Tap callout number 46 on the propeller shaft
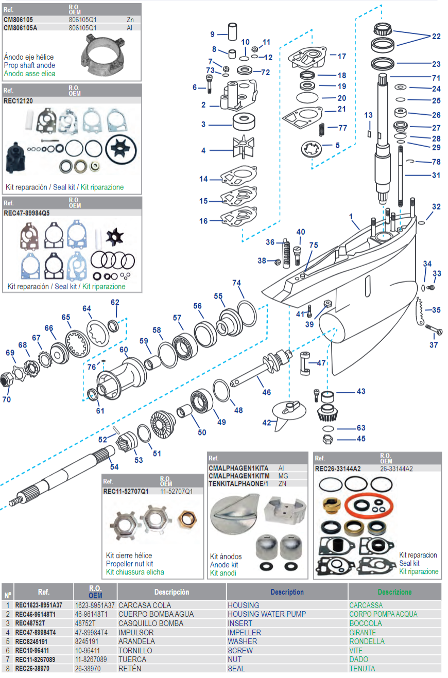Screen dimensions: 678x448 pyautogui.click(x=266, y=392)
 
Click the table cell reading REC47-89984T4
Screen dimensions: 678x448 pyautogui.click(x=39, y=632)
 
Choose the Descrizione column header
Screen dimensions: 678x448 pyautogui.click(x=394, y=592)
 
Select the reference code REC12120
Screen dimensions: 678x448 pyautogui.click(x=18, y=101)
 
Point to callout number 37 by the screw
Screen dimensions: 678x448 pyautogui.click(x=434, y=345)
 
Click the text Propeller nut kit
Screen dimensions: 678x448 pyautogui.click(x=129, y=564)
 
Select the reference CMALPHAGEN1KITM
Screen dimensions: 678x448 pyautogui.click(x=239, y=476)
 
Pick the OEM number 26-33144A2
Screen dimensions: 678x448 pyautogui.click(x=397, y=468)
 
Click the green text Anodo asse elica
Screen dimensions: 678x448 pyautogui.click(x=29, y=74)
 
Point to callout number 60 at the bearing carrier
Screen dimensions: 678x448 pyautogui.click(x=124, y=350)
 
